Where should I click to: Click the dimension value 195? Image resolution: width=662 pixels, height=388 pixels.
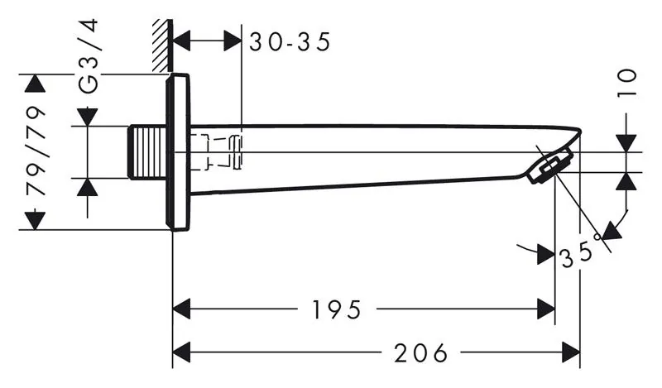coord(337,309)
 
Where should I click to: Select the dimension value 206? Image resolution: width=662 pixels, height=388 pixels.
coord(420,352)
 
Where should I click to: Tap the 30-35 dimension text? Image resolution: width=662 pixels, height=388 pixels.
coord(290,42)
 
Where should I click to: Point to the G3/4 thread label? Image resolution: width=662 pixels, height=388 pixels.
coord(89,55)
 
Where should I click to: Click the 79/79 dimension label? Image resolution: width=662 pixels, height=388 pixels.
coord(36,151)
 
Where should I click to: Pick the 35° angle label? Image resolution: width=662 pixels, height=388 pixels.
coord(581,252)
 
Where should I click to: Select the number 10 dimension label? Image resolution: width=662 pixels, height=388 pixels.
coord(627,83)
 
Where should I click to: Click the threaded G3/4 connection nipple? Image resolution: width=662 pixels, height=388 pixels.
coord(147,152)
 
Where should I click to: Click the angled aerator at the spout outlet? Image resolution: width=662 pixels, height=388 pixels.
coord(549,167)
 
